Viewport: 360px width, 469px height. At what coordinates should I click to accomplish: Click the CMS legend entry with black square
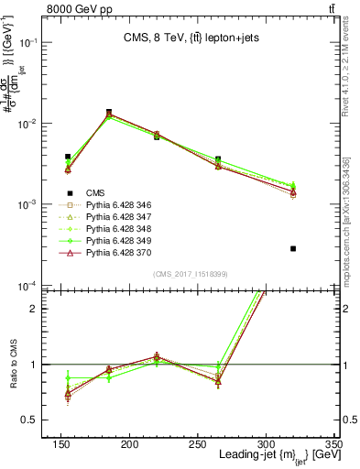coord(94,193)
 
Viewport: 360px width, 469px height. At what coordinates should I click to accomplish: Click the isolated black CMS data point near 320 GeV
coord(293,248)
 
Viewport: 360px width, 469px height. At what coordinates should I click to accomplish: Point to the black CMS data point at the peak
coord(109,112)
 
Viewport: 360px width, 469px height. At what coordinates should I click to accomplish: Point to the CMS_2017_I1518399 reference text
coord(190,273)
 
